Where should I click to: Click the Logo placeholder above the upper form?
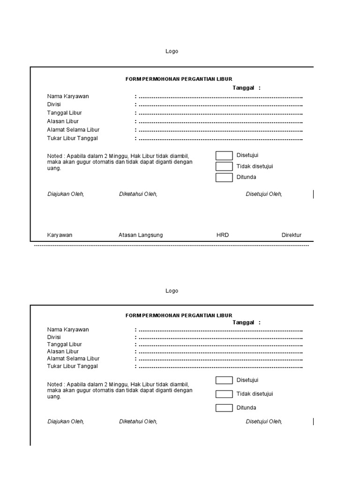[x=172, y=52]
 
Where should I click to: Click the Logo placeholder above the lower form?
[x=172, y=291]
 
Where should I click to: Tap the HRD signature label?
[x=223, y=235]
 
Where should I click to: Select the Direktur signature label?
[x=292, y=235]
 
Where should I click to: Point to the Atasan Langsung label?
[x=141, y=235]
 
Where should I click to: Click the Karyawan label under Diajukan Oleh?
[x=60, y=235]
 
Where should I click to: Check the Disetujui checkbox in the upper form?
[x=224, y=156]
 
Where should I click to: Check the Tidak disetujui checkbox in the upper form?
[x=224, y=166]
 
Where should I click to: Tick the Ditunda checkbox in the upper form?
[x=224, y=177]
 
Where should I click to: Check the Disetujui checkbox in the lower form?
[x=224, y=380]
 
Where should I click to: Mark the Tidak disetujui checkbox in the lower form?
[x=224, y=394]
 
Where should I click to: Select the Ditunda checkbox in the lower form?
[x=224, y=408]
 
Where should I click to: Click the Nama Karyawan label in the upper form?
[x=68, y=97]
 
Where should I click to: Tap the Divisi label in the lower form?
[x=54, y=337]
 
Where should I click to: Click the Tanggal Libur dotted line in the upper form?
[x=220, y=113]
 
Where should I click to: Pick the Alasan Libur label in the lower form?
[x=63, y=352]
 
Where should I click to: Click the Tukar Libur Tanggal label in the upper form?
[x=73, y=138]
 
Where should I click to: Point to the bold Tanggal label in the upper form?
[x=243, y=88]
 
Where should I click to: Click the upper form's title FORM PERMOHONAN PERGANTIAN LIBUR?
[x=179, y=79]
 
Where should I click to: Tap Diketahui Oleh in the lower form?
[x=138, y=421]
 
